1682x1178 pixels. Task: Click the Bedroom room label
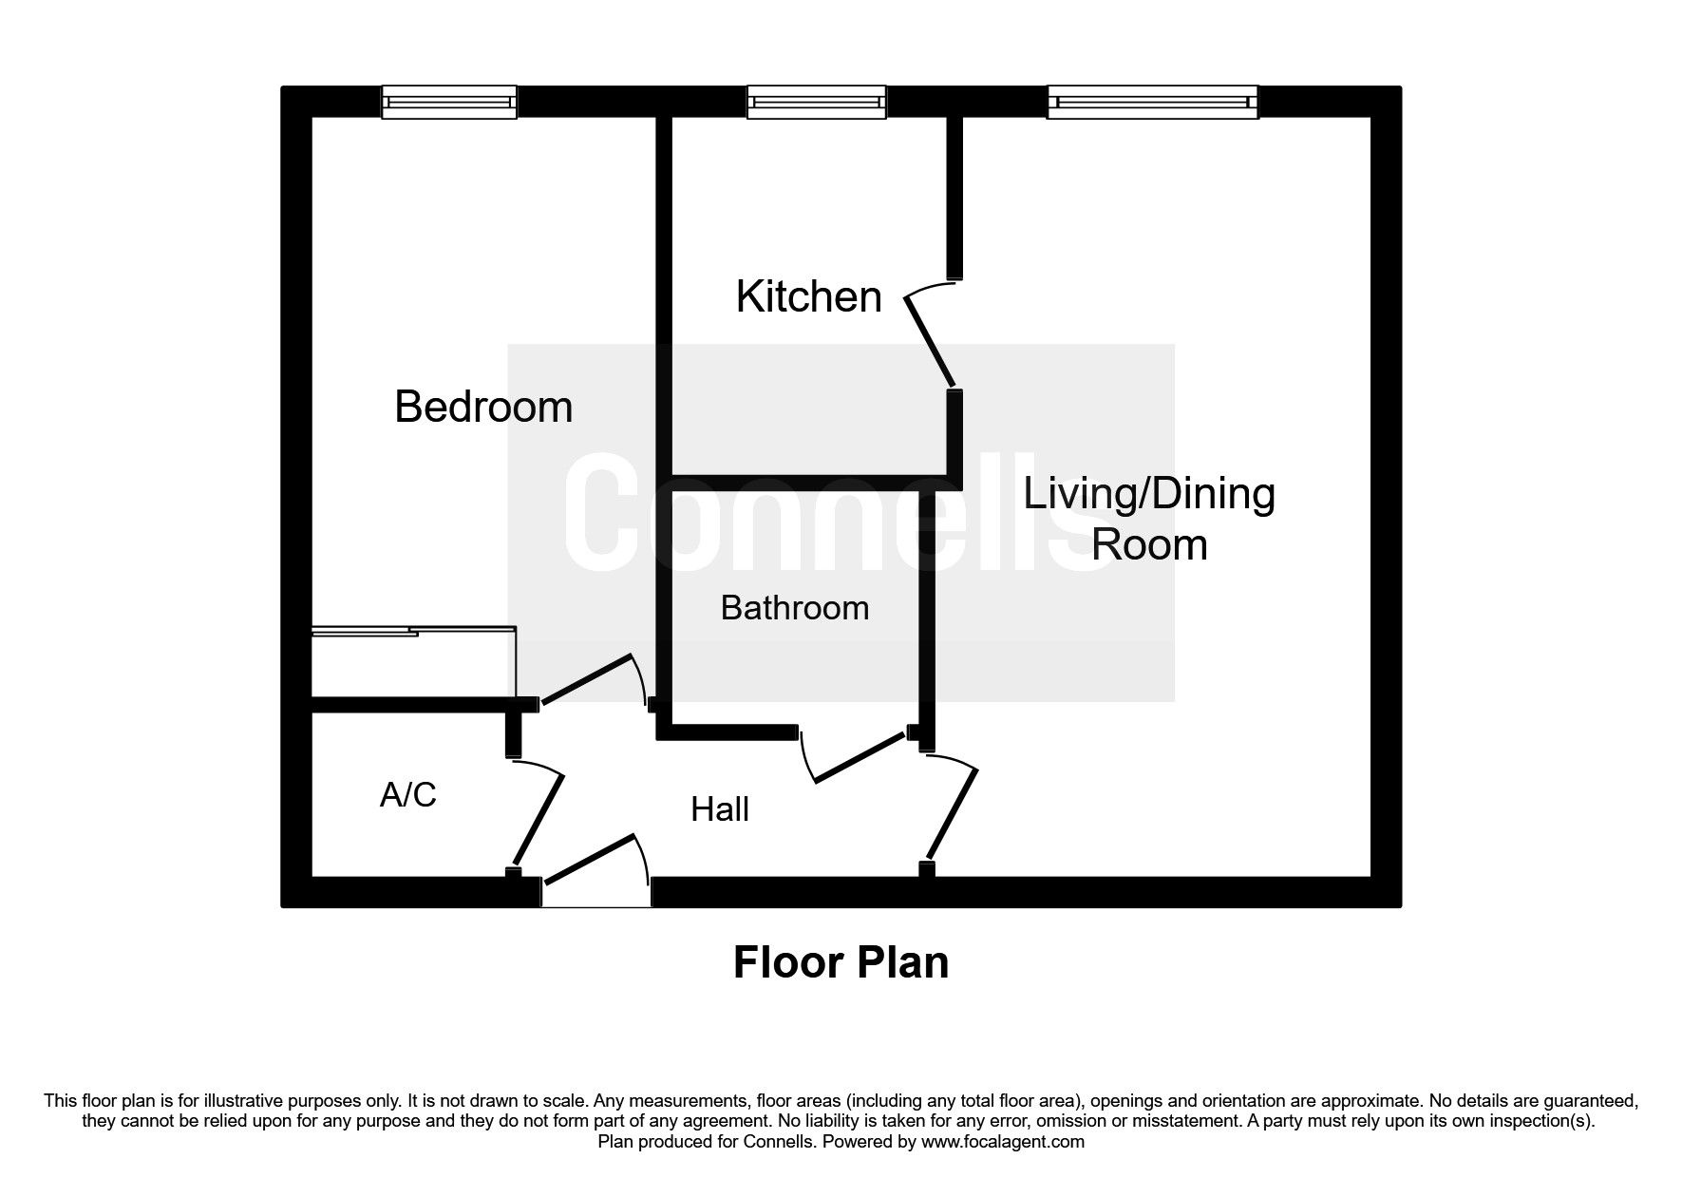(483, 408)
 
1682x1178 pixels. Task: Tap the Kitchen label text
(808, 297)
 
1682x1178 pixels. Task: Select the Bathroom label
(795, 608)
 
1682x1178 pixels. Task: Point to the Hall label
(720, 809)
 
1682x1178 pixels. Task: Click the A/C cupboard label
(408, 794)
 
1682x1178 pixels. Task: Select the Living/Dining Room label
(1149, 519)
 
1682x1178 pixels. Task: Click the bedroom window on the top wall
(449, 102)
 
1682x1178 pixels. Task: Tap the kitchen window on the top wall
(817, 102)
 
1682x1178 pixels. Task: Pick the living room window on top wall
(1153, 102)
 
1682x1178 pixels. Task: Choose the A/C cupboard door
(539, 815)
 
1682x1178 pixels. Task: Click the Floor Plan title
(841, 962)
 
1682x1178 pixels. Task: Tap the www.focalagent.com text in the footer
(1002, 1142)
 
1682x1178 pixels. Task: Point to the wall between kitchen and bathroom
(807, 482)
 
